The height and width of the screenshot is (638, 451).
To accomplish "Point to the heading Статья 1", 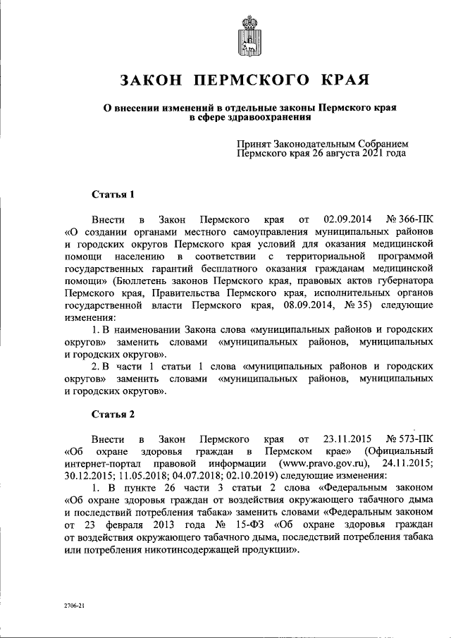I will pyautogui.click(x=113, y=193).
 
